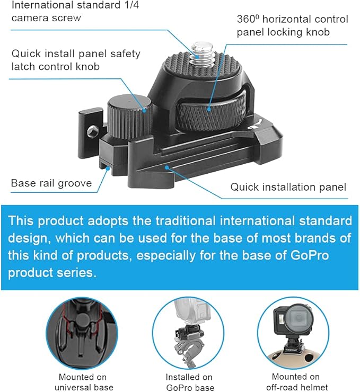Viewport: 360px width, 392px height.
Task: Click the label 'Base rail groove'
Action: tap(51, 183)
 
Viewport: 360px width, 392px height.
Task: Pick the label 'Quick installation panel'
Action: tap(288, 187)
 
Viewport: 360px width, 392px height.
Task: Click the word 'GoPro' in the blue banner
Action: tap(309, 255)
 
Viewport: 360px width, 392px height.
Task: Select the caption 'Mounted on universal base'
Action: tap(84, 382)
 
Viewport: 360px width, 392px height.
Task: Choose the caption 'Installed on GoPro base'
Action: tap(190, 382)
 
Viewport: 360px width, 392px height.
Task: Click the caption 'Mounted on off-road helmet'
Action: tap(297, 382)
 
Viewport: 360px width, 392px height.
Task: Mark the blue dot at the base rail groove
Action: tap(108, 168)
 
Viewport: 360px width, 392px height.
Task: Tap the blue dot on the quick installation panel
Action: tap(167, 167)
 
